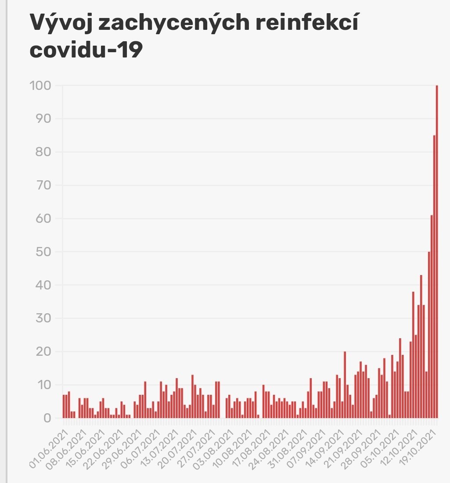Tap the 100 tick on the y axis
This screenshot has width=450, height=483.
tap(40, 86)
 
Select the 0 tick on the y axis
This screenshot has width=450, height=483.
tap(47, 418)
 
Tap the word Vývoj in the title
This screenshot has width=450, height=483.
tap(61, 24)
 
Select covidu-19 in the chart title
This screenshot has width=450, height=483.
tap(86, 50)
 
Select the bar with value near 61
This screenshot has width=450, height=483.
tap(432, 316)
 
